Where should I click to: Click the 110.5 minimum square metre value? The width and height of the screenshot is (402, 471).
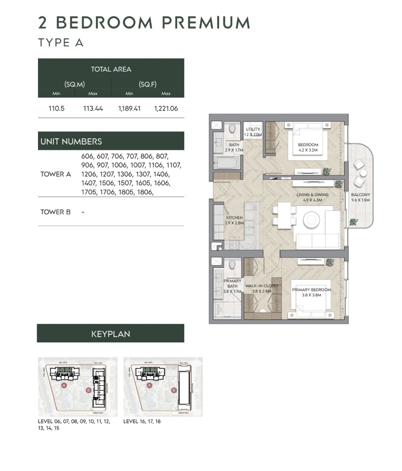[57, 108]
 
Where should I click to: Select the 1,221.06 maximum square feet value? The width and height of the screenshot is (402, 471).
[166, 108]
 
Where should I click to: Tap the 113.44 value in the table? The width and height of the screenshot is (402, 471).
[93, 108]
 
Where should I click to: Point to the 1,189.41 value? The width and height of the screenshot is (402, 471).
[129, 108]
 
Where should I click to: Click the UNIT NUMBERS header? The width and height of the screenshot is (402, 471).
[71, 141]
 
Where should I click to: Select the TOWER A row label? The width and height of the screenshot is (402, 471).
[56, 174]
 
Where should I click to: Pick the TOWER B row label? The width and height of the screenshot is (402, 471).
[56, 212]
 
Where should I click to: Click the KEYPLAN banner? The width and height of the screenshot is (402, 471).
[110, 334]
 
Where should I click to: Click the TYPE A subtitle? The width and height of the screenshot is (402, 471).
[61, 43]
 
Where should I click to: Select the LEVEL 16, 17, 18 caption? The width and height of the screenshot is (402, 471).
[142, 422]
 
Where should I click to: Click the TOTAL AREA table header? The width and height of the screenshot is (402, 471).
[111, 69]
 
